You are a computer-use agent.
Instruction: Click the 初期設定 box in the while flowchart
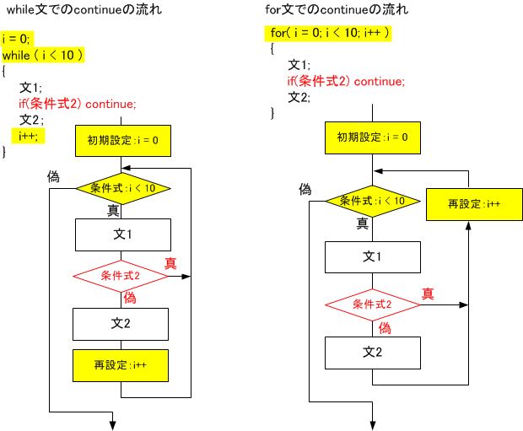[123, 141]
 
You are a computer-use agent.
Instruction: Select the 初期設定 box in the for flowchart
[373, 137]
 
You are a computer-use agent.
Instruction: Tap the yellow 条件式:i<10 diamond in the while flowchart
[123, 188]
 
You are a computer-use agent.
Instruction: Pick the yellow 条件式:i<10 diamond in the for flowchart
[373, 201]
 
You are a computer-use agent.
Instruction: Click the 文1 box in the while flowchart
[123, 234]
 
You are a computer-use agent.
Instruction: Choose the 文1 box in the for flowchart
[373, 257]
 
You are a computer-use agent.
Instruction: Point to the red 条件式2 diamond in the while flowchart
[121, 276]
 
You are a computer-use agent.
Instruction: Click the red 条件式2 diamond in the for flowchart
[373, 304]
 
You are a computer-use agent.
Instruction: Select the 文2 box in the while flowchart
[121, 324]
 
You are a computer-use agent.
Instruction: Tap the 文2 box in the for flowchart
[373, 353]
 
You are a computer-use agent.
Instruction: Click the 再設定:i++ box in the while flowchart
[121, 365]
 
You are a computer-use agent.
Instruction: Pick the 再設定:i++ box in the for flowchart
[474, 204]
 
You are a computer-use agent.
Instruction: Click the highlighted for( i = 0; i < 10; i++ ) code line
[328, 34]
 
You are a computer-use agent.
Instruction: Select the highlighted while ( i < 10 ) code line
[43, 55]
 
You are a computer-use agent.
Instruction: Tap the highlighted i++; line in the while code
[28, 136]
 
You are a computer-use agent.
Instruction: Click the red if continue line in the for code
[346, 82]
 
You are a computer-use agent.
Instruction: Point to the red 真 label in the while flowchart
[170, 263]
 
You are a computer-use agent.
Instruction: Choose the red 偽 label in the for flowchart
[385, 328]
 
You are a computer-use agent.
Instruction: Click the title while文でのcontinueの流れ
[84, 9]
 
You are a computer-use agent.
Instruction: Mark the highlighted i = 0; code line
[17, 39]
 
